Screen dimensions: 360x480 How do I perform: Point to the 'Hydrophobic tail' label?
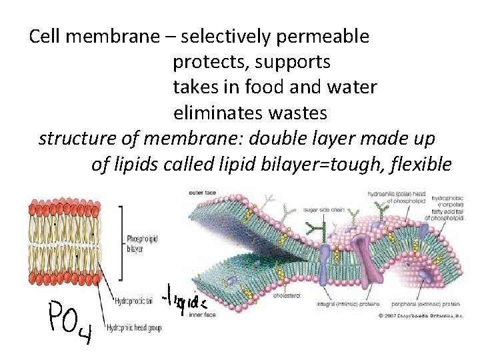(x=135, y=302)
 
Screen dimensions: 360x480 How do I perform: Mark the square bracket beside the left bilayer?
(x=121, y=242)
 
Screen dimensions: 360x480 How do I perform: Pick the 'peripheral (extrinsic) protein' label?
(x=433, y=305)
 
